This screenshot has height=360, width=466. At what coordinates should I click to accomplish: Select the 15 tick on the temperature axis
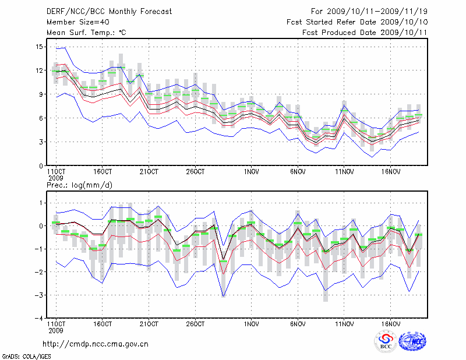point(39,47)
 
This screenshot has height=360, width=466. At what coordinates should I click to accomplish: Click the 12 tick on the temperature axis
point(39,70)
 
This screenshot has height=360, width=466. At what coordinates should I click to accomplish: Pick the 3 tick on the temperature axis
point(41,142)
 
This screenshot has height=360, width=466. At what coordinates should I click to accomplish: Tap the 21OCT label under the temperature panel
point(149,172)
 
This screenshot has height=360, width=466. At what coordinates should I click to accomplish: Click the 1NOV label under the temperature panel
point(251,172)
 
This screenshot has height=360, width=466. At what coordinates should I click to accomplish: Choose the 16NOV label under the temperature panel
point(391,172)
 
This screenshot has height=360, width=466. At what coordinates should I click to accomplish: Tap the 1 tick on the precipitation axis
point(41,203)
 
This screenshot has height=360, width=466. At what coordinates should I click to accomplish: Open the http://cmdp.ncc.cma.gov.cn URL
point(96,344)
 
